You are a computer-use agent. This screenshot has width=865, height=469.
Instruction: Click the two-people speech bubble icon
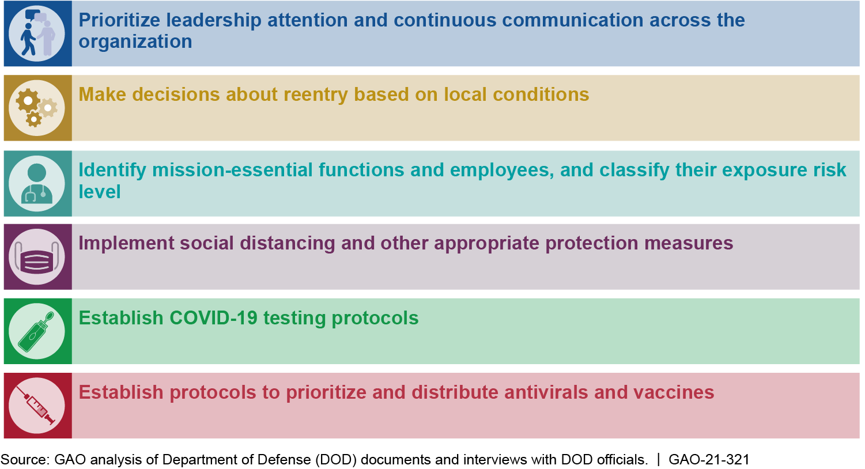click(x=37, y=33)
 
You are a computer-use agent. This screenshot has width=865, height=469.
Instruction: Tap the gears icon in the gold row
click(x=37, y=108)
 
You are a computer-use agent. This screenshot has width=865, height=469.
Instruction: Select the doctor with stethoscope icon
click(x=37, y=183)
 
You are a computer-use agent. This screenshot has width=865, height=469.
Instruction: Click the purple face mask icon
click(x=37, y=257)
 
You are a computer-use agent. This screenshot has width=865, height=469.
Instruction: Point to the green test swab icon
click(x=37, y=331)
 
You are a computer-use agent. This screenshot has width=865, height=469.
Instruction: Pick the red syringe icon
click(x=37, y=406)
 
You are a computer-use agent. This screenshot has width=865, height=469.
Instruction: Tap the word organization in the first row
click(x=135, y=41)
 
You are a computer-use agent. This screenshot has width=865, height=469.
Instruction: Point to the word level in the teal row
click(x=100, y=191)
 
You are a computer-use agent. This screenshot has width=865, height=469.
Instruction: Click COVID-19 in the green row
click(x=213, y=318)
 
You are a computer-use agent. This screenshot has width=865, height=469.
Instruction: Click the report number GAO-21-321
click(x=709, y=459)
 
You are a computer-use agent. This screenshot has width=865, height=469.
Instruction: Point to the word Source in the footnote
click(x=25, y=459)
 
